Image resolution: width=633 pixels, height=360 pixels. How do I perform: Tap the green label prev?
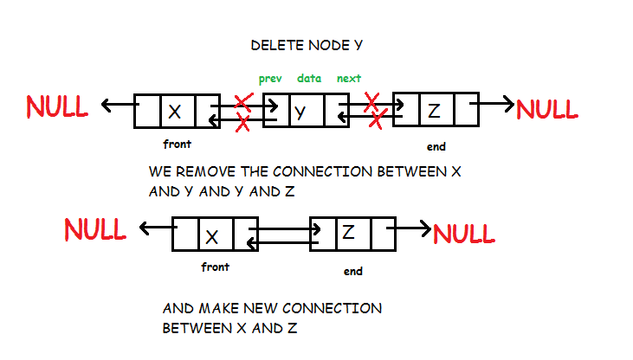pos(270,79)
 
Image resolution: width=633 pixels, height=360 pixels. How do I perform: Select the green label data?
pos(309,79)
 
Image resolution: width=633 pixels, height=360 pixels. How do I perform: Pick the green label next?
pos(349,79)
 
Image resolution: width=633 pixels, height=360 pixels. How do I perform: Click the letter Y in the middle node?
pos(300,111)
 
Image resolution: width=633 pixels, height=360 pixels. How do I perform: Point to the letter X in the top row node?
pos(175,111)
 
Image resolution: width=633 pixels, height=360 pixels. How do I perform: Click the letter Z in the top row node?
pos(434,110)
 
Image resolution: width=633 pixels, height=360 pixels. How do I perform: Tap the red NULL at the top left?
pos(57,106)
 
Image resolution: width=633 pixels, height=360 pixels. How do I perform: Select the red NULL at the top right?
pos(546,109)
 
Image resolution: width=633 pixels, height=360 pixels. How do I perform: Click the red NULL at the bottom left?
pos(95,230)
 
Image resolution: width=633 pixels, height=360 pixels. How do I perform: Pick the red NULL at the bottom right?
pos(464,233)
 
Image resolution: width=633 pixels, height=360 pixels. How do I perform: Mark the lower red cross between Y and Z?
pos(378,122)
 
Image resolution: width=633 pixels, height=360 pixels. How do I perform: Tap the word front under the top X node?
pos(177,145)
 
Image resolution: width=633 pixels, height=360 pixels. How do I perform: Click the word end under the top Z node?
pos(436,147)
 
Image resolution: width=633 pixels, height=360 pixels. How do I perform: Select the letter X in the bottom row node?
pos(213,235)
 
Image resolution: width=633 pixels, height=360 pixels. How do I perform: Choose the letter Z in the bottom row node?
pos(348,233)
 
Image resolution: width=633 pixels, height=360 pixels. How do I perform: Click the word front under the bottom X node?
pos(215,267)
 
